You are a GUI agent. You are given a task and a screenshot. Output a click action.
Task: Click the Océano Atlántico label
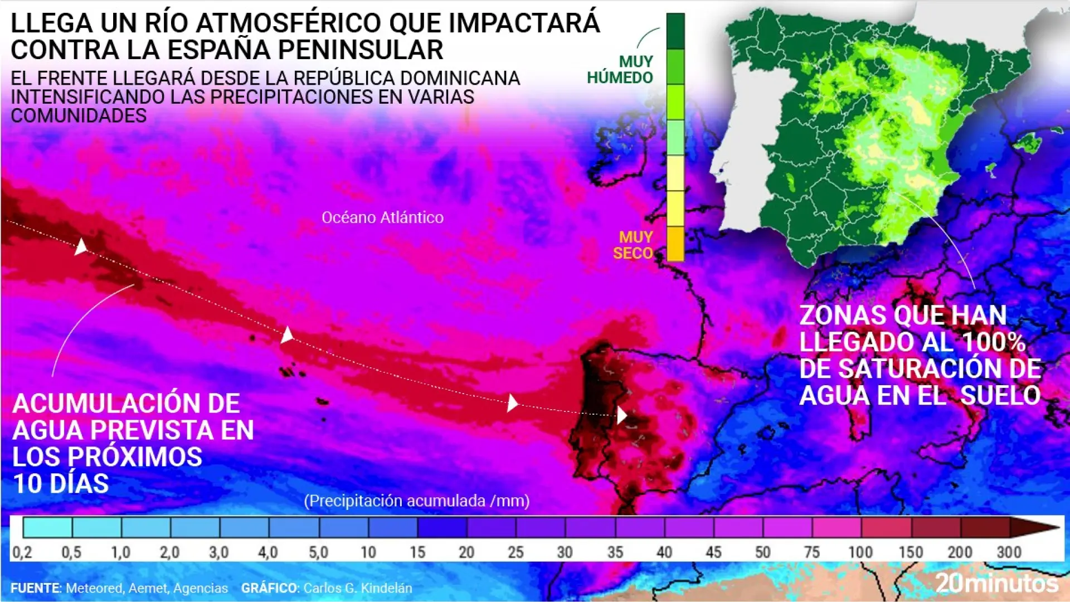tap(382, 217)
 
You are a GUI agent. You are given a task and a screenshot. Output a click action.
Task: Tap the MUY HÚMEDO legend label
tap(620, 70)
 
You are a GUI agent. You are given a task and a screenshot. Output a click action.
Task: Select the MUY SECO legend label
tap(633, 245)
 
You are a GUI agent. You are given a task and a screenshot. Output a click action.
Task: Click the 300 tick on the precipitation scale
tap(1009, 552)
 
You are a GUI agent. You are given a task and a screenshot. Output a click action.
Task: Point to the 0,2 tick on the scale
tap(22, 552)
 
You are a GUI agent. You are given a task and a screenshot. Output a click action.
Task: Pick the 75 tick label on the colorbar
tap(811, 552)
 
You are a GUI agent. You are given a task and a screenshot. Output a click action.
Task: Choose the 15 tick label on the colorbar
tap(417, 552)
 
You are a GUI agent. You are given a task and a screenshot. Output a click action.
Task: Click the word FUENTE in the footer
tap(35, 588)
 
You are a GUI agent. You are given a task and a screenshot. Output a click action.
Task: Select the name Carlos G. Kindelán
tap(357, 588)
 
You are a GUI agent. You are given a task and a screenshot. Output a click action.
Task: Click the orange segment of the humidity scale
tap(675, 244)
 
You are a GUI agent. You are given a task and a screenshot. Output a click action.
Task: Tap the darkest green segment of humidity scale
tap(675, 31)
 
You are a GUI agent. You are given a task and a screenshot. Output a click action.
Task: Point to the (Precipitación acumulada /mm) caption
tap(416, 501)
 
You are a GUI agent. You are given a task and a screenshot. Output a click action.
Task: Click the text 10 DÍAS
tap(61, 484)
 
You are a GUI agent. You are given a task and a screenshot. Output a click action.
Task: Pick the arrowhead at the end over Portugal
tap(622, 415)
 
